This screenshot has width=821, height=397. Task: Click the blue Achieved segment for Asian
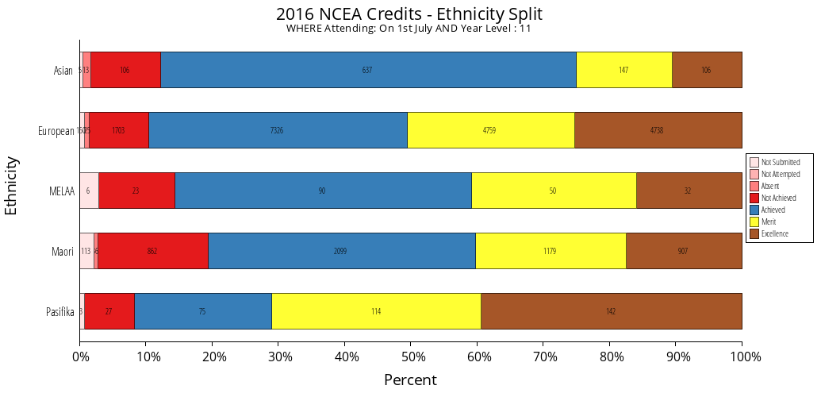pyautogui.click(x=368, y=70)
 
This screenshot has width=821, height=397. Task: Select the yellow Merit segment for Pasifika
pyautogui.click(x=376, y=311)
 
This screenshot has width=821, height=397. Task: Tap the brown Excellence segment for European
pyautogui.click(x=658, y=130)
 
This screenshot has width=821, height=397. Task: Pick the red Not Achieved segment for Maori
pyautogui.click(x=152, y=251)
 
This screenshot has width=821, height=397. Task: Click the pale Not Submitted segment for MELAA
pyautogui.click(x=89, y=191)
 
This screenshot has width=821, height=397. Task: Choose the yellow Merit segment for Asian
pyautogui.click(x=623, y=70)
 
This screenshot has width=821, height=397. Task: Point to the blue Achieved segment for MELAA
pyautogui.click(x=323, y=191)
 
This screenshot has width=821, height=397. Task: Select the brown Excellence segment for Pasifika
pyautogui.click(x=611, y=311)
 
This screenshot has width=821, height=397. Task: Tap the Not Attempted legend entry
pyautogui.click(x=780, y=174)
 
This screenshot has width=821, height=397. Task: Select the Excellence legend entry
pyautogui.click(x=774, y=233)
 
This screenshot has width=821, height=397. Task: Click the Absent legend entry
pyautogui.click(x=770, y=186)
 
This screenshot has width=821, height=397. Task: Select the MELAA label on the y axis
pyautogui.click(x=61, y=191)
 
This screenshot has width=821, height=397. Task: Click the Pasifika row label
pyautogui.click(x=60, y=311)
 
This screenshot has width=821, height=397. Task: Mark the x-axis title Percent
pyautogui.click(x=410, y=380)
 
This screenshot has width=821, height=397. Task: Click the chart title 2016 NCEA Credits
pyautogui.click(x=409, y=14)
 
